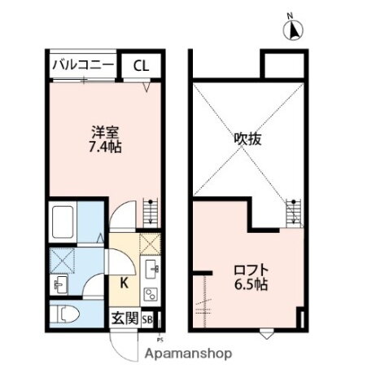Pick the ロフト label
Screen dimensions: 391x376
249,270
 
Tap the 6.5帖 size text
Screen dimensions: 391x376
249,285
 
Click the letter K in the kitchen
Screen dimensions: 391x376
124,284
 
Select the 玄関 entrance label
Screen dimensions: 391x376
125,319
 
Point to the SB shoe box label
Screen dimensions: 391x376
148,319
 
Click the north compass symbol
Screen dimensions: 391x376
291,30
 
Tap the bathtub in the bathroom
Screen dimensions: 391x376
63,221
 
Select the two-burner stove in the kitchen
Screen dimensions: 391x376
150,294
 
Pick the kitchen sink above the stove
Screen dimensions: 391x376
151,270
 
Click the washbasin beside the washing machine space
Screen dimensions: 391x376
59,286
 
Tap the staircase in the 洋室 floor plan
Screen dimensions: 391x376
149,213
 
